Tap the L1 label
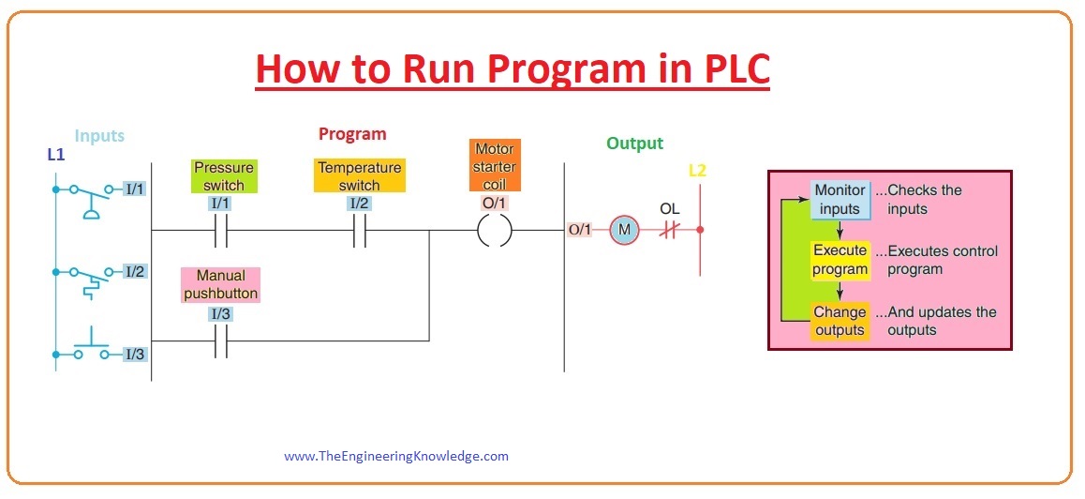(x=56, y=153)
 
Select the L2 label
(x=698, y=171)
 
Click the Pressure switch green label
(x=224, y=176)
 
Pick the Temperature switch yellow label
(x=359, y=176)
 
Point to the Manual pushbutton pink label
(x=221, y=284)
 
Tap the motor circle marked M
(x=622, y=230)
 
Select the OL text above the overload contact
(x=669, y=208)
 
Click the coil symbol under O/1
(x=494, y=230)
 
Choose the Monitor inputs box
(x=840, y=200)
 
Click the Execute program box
(x=840, y=260)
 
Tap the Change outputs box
(x=840, y=321)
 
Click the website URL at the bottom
(x=396, y=457)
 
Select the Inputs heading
(x=99, y=136)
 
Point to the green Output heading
(x=634, y=144)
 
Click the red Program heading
(x=352, y=134)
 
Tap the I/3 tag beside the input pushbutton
(x=135, y=355)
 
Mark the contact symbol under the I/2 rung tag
(x=359, y=230)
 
